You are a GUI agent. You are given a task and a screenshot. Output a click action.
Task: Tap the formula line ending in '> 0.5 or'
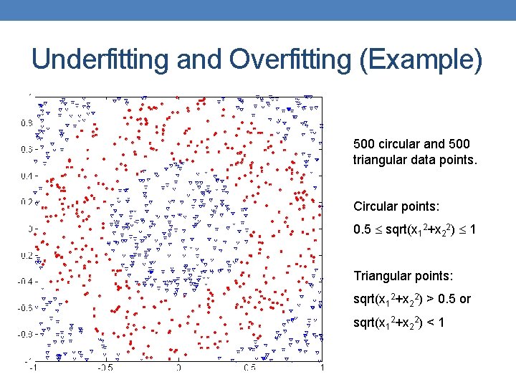pyautogui.click(x=412, y=299)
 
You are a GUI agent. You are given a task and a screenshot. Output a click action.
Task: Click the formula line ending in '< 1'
pyautogui.click(x=399, y=322)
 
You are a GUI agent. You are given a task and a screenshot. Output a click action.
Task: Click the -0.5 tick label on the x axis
pyautogui.click(x=106, y=367)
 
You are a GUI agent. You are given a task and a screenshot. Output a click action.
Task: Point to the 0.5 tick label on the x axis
pyautogui.click(x=249, y=367)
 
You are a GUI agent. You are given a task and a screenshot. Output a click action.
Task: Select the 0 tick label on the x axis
pyautogui.click(x=178, y=367)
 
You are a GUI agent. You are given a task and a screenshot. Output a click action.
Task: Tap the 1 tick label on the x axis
pyautogui.click(x=322, y=367)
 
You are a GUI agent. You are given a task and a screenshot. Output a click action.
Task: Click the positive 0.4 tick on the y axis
pyautogui.click(x=26, y=176)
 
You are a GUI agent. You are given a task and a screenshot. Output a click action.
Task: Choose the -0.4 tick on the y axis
pyautogui.click(x=25, y=281)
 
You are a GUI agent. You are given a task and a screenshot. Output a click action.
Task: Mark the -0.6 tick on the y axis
pyautogui.click(x=25, y=307)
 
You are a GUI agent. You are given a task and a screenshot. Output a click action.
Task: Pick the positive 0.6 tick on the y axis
pyautogui.click(x=26, y=149)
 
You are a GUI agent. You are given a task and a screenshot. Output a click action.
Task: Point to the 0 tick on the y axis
pyautogui.click(x=29, y=229)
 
